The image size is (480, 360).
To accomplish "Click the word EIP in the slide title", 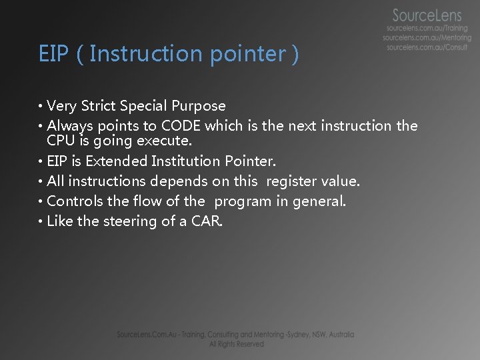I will (x=53, y=54).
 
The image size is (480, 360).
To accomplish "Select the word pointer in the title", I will (x=247, y=54).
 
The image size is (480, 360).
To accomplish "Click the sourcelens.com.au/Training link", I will (x=427, y=29).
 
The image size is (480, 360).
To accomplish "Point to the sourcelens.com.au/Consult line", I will (x=427, y=47).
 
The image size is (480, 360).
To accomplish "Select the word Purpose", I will (x=199, y=106).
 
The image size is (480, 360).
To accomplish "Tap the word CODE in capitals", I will (x=179, y=126).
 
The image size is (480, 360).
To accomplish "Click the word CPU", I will (x=61, y=141).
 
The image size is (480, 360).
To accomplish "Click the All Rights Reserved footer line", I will (x=236, y=344).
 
